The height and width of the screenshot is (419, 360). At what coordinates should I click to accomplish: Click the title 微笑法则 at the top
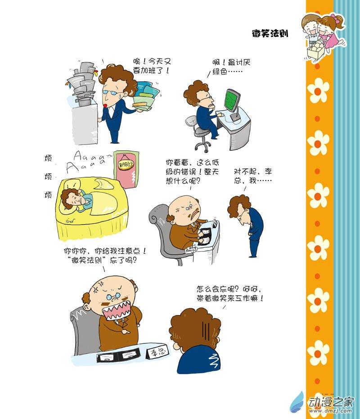(270, 33)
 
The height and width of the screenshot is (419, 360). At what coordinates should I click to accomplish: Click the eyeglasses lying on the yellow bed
(71, 221)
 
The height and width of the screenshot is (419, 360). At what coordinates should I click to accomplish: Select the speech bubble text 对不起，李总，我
(252, 176)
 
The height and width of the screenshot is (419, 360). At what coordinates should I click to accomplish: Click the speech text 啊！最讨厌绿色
(231, 67)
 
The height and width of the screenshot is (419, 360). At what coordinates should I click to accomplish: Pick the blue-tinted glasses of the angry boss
(113, 296)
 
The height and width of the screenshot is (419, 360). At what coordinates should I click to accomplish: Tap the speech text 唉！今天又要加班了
(152, 66)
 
